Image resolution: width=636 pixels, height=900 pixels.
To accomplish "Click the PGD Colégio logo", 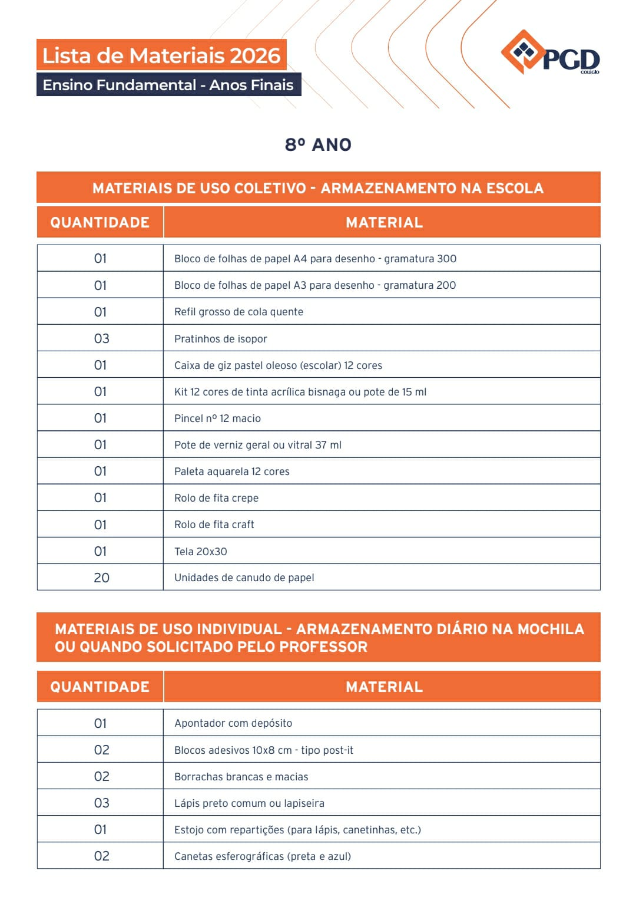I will pyautogui.click(x=550, y=54).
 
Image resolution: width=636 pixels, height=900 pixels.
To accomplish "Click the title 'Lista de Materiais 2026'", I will pyautogui.click(x=161, y=55).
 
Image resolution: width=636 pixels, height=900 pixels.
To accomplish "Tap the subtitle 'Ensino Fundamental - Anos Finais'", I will pyautogui.click(x=168, y=85).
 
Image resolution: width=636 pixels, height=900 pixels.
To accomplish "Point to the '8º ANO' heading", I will pyautogui.click(x=318, y=144).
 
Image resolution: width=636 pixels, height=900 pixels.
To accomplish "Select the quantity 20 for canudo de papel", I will pyautogui.click(x=101, y=578).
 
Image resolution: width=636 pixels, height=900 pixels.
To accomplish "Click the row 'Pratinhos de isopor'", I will pyautogui.click(x=221, y=339).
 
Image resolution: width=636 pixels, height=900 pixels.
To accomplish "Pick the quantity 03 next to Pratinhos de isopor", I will pyautogui.click(x=101, y=338).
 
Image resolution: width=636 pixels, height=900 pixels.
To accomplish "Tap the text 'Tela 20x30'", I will pyautogui.click(x=201, y=552).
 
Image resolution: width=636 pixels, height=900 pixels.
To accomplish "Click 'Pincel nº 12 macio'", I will pyautogui.click(x=217, y=418).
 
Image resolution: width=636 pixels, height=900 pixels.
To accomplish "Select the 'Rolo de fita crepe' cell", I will pyautogui.click(x=216, y=498).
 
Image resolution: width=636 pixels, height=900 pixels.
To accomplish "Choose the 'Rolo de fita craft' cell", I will pyautogui.click(x=214, y=525).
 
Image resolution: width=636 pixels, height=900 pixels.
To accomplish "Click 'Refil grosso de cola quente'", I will pyautogui.click(x=238, y=312).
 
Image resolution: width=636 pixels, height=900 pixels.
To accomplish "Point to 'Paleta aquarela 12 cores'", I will pyautogui.click(x=232, y=472).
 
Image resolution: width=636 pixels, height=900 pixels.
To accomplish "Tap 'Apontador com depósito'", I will pyautogui.click(x=233, y=723).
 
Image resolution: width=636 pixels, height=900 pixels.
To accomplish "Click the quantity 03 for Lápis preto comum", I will pyautogui.click(x=101, y=803).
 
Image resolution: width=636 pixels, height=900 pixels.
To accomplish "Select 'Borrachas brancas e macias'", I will pyautogui.click(x=241, y=777).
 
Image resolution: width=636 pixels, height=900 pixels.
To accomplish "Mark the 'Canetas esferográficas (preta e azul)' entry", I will pyautogui.click(x=263, y=856).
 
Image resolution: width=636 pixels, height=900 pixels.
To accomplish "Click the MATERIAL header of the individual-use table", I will pyautogui.click(x=384, y=687).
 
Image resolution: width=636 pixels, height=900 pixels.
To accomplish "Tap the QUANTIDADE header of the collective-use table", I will pyautogui.click(x=100, y=222).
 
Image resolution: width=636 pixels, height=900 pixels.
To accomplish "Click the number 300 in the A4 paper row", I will pyautogui.click(x=446, y=259).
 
